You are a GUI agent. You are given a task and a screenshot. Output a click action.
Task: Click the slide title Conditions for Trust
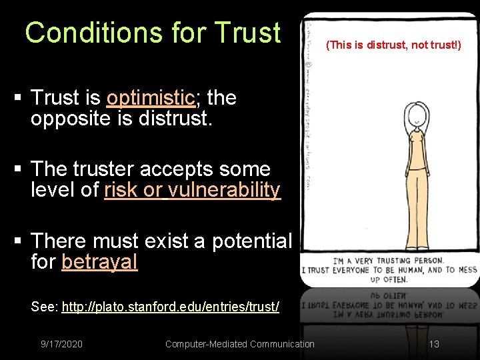tap(153, 33)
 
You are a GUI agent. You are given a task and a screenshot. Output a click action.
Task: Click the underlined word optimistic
tap(150, 98)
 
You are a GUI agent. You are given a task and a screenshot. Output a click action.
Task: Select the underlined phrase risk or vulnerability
tap(192, 190)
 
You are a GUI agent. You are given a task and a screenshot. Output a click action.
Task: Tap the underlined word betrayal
tap(99, 262)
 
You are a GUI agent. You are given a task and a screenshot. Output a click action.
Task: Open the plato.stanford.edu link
tap(170, 307)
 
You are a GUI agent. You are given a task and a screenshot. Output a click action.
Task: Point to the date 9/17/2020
tap(61, 344)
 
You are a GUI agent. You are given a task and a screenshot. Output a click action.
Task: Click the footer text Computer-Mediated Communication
tap(239, 344)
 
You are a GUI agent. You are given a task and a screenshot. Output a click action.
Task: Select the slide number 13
tap(434, 344)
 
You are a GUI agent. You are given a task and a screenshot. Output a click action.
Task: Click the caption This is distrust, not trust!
tap(393, 46)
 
